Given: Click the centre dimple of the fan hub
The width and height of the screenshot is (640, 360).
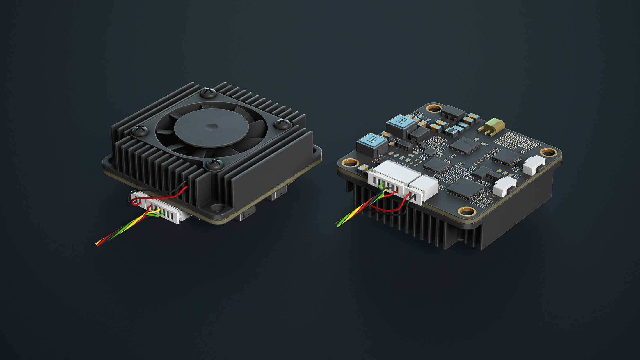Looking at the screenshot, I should [211, 126].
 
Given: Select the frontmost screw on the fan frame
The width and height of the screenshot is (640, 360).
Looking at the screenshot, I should [215, 164].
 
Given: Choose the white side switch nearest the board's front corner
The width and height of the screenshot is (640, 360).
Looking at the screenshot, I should [505, 186].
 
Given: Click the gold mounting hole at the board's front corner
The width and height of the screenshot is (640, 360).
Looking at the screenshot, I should [467, 211].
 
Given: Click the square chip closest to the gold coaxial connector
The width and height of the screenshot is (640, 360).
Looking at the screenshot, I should [465, 145].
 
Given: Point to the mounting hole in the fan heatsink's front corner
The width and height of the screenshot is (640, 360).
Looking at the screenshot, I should [217, 207].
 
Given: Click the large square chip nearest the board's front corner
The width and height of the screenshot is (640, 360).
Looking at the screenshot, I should [464, 188].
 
